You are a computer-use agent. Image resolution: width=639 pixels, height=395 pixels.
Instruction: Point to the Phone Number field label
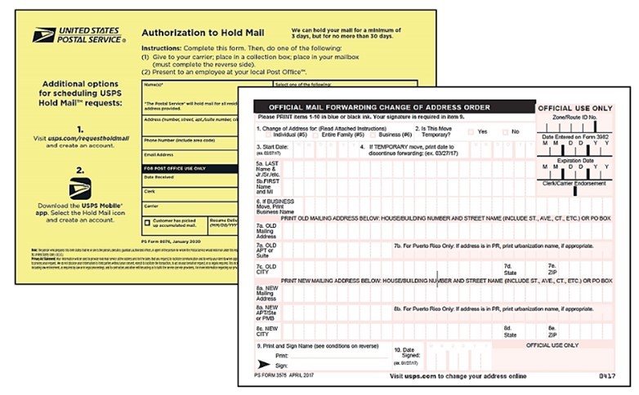(174, 140)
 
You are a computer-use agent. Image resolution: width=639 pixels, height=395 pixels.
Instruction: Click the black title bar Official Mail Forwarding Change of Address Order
(372, 108)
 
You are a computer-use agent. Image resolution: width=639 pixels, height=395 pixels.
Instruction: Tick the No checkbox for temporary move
(505, 131)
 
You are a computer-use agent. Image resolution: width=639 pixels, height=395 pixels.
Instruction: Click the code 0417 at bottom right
(600, 377)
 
